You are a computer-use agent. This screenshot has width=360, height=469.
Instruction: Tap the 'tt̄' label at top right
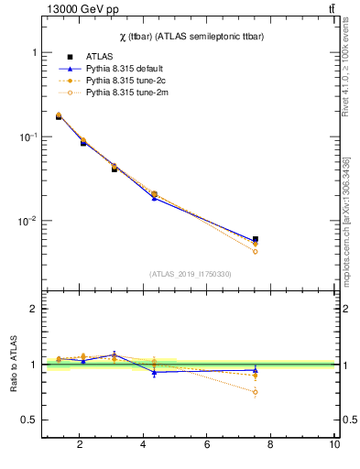click(331, 9)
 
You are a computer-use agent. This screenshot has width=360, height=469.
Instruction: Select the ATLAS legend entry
click(100, 57)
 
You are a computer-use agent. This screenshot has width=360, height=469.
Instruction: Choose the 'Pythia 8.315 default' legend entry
click(126, 69)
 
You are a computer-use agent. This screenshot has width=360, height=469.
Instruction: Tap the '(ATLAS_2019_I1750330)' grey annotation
click(190, 274)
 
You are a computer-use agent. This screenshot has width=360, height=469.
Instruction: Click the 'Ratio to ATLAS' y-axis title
click(12, 364)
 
